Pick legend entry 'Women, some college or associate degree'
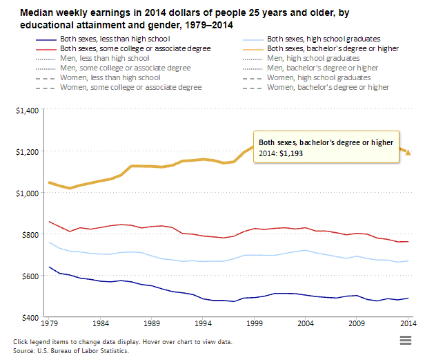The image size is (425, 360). coord(131,88)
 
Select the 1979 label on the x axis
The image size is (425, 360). coord(50,323)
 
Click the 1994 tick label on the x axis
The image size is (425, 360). coord(203,323)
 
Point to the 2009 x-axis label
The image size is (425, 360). coord(357,323)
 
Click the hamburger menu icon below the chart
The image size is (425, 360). coord(406,339)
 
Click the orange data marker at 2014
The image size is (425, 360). coord(408,152)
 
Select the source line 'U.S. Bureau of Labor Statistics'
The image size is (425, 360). coord(84,351)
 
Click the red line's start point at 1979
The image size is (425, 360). coord(50,222)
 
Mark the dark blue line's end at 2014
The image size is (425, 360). coord(408,299)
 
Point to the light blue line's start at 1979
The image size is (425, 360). coord(50,242)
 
